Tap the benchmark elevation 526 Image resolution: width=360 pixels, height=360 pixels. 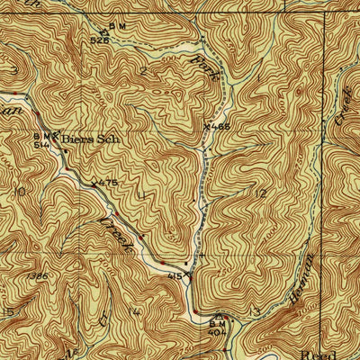(99, 40)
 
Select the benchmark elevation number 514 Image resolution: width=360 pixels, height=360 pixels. (41, 143)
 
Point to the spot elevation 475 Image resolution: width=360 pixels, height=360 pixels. (107, 183)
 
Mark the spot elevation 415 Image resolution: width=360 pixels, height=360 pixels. (177, 277)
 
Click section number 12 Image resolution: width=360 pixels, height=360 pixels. (261, 193)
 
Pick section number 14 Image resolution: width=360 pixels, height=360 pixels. (135, 310)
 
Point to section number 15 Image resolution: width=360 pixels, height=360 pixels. (9, 311)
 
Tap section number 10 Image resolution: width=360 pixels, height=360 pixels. (15, 192)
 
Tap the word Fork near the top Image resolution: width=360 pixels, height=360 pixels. (204, 72)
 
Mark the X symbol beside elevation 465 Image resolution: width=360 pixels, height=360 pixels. (208, 127)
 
